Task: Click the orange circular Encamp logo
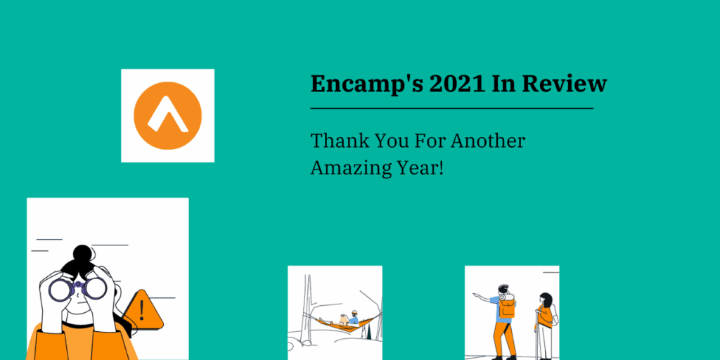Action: (x=167, y=115)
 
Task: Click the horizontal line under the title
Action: (x=451, y=109)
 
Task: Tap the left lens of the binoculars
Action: (x=60, y=289)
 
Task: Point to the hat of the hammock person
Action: (x=354, y=312)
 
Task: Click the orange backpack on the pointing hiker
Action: (x=507, y=307)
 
